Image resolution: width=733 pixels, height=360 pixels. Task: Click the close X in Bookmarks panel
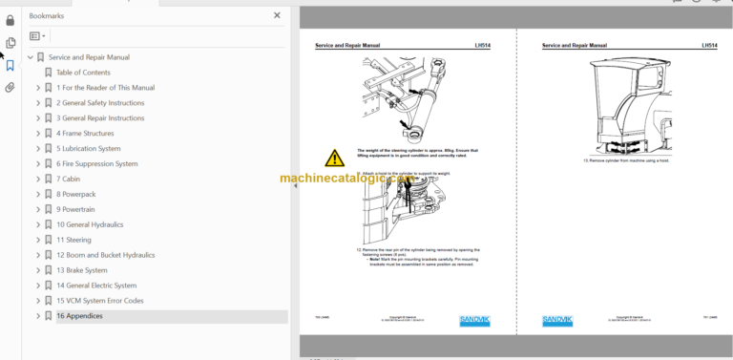(x=277, y=15)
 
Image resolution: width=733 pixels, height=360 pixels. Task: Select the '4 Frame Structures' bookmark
(x=85, y=133)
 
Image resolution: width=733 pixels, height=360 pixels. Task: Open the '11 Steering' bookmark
(x=73, y=240)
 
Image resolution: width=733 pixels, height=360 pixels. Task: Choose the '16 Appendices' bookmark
(x=79, y=316)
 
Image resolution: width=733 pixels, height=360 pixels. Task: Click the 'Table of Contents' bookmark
(x=83, y=73)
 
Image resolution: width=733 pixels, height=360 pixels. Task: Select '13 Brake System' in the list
(x=82, y=270)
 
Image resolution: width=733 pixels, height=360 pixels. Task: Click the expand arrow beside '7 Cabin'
(x=38, y=179)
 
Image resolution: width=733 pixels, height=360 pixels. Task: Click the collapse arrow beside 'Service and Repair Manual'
(x=31, y=57)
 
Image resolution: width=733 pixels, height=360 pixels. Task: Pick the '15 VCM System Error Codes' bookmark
(x=99, y=301)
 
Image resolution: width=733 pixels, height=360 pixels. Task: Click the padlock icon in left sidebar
(x=10, y=20)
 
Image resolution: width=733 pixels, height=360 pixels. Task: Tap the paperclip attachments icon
(x=10, y=87)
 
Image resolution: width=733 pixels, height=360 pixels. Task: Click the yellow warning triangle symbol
(x=334, y=159)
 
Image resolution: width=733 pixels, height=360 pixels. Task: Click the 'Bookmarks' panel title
(x=48, y=15)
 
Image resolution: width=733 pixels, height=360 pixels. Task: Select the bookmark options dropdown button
(x=37, y=36)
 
